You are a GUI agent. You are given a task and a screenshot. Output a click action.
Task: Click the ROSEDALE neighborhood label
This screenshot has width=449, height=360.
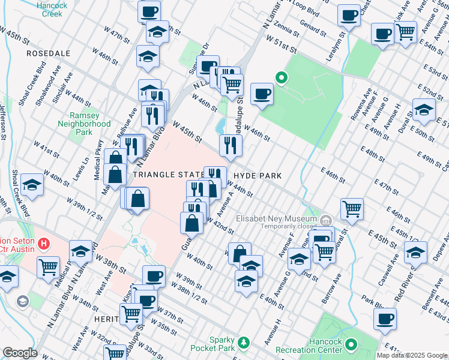coord(46,53)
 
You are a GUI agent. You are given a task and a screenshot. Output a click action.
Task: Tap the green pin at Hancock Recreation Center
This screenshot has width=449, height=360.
coord(351,345)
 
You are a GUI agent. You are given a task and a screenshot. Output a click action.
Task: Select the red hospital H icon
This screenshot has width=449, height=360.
coord(43,244)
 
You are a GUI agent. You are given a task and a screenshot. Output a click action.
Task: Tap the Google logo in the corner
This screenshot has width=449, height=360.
coord(20,353)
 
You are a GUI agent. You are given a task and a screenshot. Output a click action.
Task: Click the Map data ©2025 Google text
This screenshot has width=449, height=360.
coord(412,355)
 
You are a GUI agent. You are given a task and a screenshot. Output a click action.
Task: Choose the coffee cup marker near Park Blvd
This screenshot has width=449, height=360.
coord(385,319)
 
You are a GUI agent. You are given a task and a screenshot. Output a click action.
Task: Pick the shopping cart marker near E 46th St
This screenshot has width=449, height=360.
coord(352,208)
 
